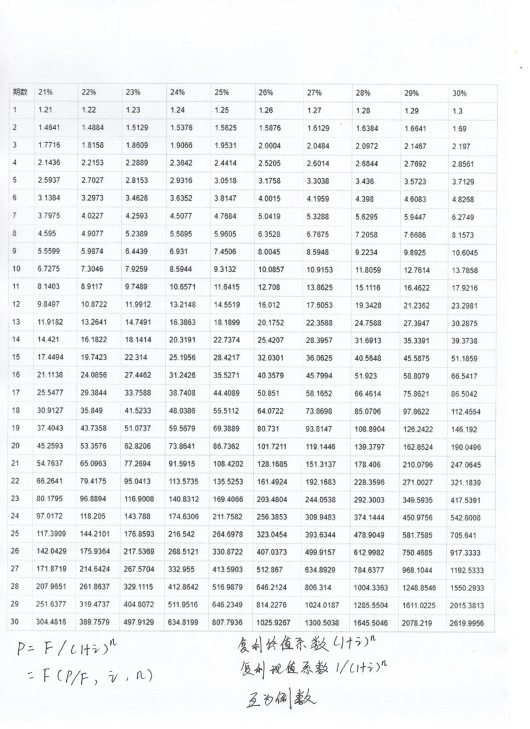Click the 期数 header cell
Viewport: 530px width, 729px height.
pyautogui.click(x=20, y=92)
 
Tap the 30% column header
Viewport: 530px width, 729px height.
pyautogui.click(x=459, y=93)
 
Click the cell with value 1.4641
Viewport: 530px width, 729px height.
pyautogui.click(x=49, y=128)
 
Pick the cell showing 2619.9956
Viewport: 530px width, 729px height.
pyautogui.click(x=469, y=623)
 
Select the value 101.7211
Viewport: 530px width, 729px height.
pyautogui.click(x=273, y=447)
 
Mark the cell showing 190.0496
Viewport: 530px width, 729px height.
pyautogui.click(x=466, y=447)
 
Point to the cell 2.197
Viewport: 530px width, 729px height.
pyautogui.click(x=461, y=146)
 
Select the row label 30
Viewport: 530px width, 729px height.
pyautogui.click(x=16, y=622)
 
